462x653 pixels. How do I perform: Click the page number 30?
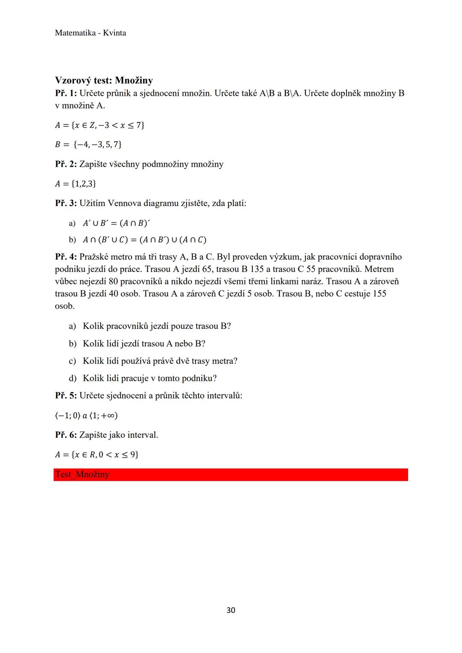(x=231, y=610)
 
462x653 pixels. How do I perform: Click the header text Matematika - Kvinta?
(x=91, y=33)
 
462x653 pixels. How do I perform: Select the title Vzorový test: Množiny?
(x=104, y=80)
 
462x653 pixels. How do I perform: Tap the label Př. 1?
(x=66, y=93)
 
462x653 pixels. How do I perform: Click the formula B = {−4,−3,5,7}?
(x=89, y=145)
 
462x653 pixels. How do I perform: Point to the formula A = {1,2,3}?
(x=76, y=184)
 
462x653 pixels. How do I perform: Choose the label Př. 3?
(x=66, y=203)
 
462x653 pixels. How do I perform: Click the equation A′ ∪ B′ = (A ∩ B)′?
(x=116, y=223)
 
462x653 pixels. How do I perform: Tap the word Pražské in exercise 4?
(x=94, y=257)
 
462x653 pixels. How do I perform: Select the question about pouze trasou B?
(x=157, y=326)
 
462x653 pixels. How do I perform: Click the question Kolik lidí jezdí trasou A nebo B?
(x=144, y=344)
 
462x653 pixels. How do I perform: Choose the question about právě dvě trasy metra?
(x=160, y=361)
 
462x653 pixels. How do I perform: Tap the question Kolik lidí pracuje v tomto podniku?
(x=149, y=378)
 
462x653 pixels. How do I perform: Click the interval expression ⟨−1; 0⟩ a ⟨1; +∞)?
(x=86, y=415)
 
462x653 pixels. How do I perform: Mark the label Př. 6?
(x=66, y=435)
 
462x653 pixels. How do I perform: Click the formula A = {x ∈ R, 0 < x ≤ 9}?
(x=97, y=455)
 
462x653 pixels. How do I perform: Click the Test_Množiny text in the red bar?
(x=82, y=475)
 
